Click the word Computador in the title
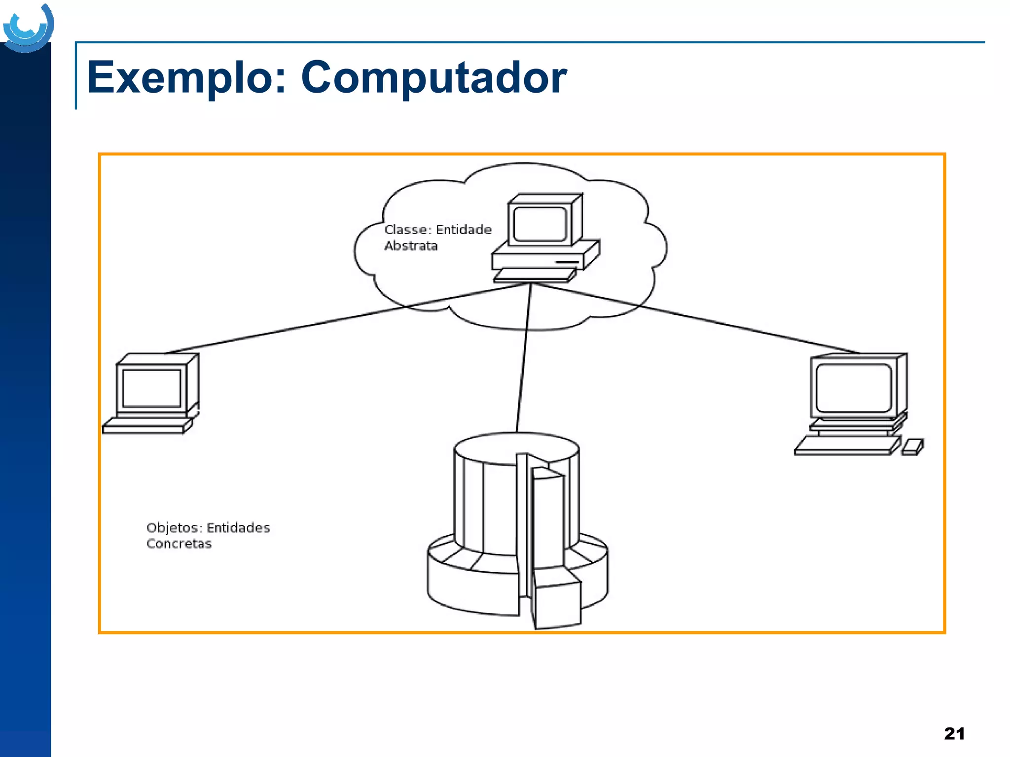[x=433, y=78]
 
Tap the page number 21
[x=954, y=733]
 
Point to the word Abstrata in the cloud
[x=411, y=245]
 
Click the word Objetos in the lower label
[x=174, y=528]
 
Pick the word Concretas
[x=179, y=544]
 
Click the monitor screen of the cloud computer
[x=540, y=224]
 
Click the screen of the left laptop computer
[x=151, y=388]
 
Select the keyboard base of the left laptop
[x=145, y=426]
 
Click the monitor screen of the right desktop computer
[x=854, y=388]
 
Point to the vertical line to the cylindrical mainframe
[x=524, y=360]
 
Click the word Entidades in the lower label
[x=238, y=528]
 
